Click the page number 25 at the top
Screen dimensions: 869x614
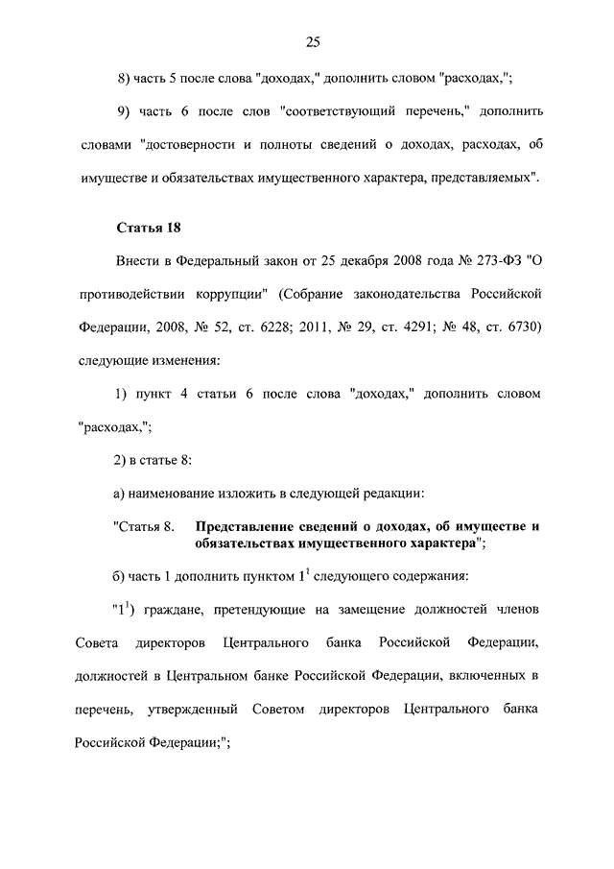[x=312, y=41]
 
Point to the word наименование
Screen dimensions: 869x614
[x=168, y=494]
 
